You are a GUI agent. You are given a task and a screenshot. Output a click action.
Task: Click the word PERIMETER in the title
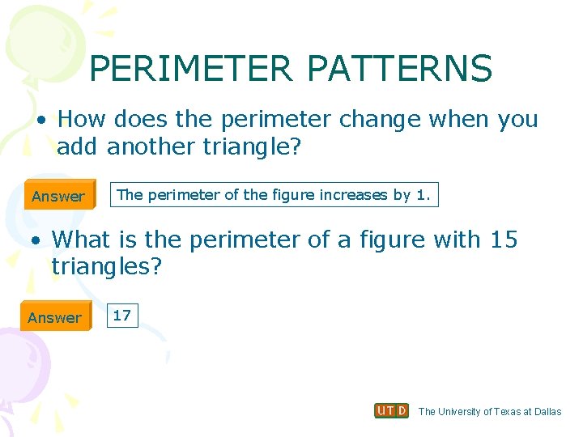191,69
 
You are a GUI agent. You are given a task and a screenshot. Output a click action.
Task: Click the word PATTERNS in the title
399,69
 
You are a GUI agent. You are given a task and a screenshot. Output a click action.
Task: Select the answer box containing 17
121,316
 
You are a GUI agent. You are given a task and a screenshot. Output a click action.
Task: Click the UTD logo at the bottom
391,410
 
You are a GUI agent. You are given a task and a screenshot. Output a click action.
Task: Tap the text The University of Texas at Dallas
489,411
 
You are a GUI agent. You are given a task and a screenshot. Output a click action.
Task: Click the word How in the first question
82,119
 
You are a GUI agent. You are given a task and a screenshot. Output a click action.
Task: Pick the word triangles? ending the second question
107,267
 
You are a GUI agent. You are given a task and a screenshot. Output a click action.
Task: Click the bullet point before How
40,120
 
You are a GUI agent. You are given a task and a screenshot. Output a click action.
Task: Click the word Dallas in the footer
547,411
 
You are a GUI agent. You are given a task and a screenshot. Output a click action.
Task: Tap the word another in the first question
143,146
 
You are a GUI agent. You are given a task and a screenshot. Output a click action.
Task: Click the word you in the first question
518,119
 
